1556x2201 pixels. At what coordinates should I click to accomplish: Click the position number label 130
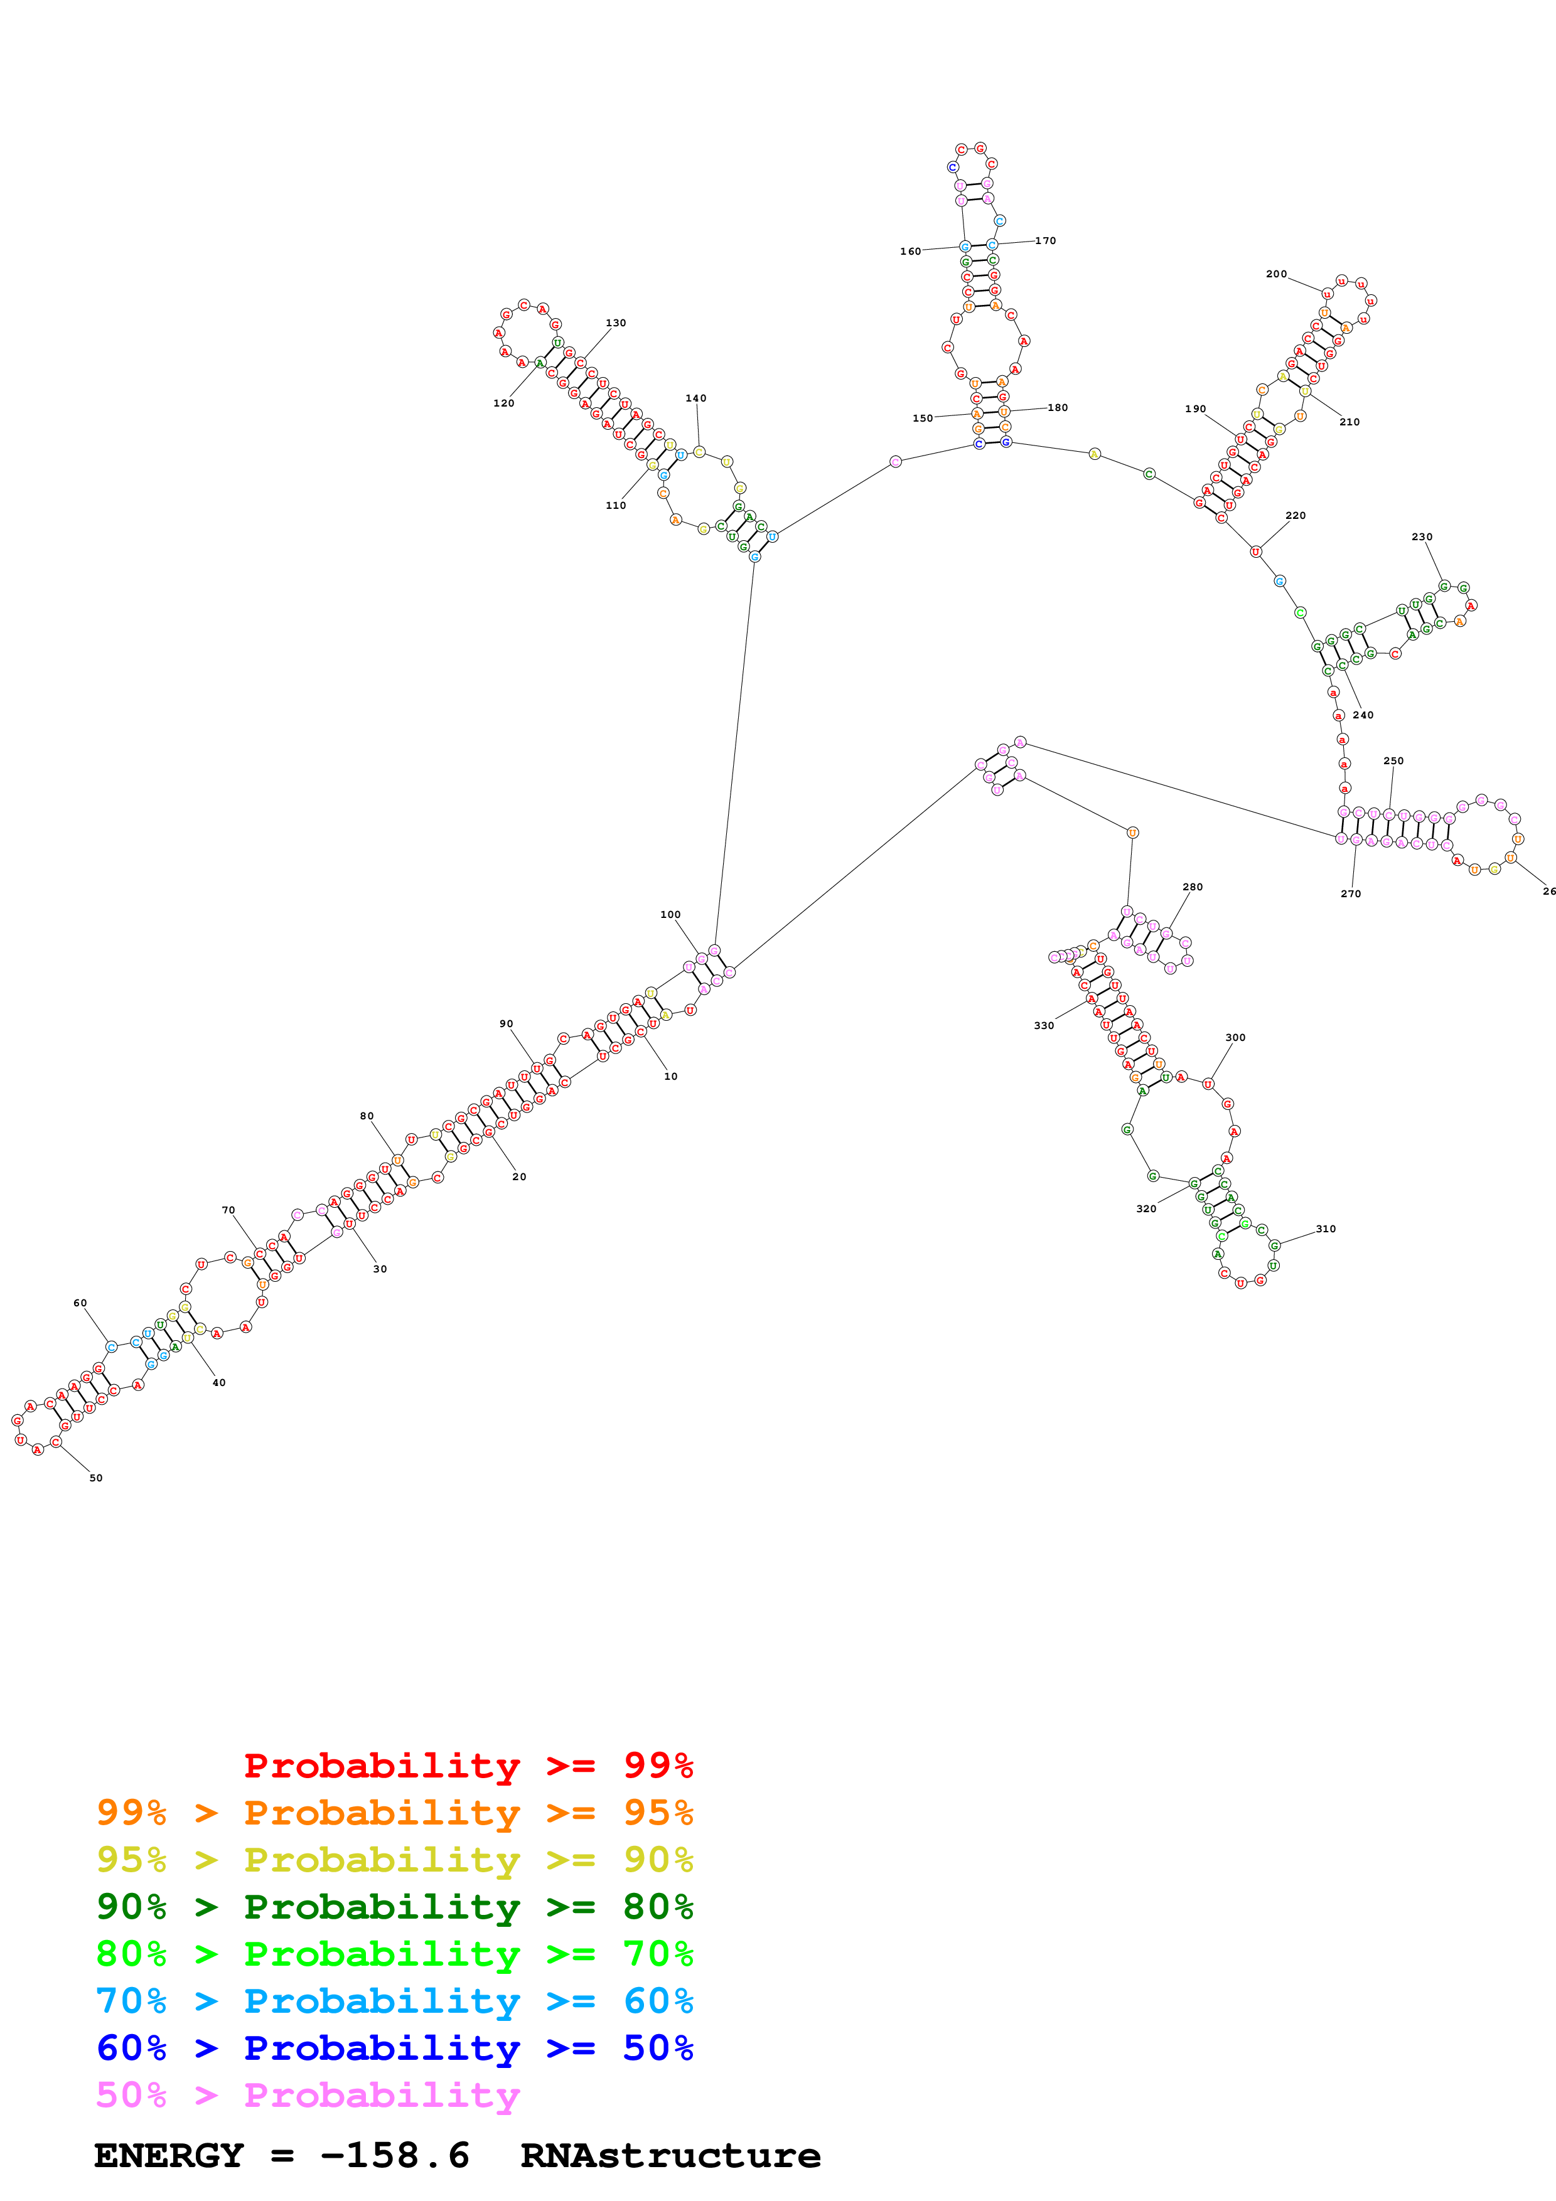pyautogui.click(x=616, y=323)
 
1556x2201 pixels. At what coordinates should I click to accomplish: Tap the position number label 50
pyautogui.click(x=96, y=1478)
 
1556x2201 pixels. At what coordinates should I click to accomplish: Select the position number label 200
pyautogui.click(x=1276, y=274)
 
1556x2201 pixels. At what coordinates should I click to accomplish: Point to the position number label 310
pyautogui.click(x=1325, y=1229)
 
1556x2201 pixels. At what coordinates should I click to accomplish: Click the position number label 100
pyautogui.click(x=670, y=915)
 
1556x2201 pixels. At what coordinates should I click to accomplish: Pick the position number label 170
pyautogui.click(x=1045, y=240)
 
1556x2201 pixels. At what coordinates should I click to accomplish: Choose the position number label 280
pyautogui.click(x=1193, y=887)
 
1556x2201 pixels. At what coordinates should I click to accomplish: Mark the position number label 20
pyautogui.click(x=518, y=1176)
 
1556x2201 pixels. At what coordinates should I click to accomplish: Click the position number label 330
pyautogui.click(x=1044, y=1026)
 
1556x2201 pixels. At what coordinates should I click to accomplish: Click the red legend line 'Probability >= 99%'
pyautogui.click(x=468, y=1766)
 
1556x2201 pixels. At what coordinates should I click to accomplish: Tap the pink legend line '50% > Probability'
pyautogui.click(x=308, y=2096)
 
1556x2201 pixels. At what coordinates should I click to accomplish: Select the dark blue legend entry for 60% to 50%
pyautogui.click(x=394, y=2049)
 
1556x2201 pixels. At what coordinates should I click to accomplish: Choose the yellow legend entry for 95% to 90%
pyautogui.click(x=394, y=1860)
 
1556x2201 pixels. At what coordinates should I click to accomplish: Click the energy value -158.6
pyautogui.click(x=394, y=2156)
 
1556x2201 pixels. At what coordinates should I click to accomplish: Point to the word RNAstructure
pyautogui.click(x=670, y=2156)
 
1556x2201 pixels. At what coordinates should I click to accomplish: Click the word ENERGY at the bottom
pyautogui.click(x=169, y=2156)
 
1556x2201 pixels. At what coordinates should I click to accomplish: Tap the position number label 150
pyautogui.click(x=922, y=419)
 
